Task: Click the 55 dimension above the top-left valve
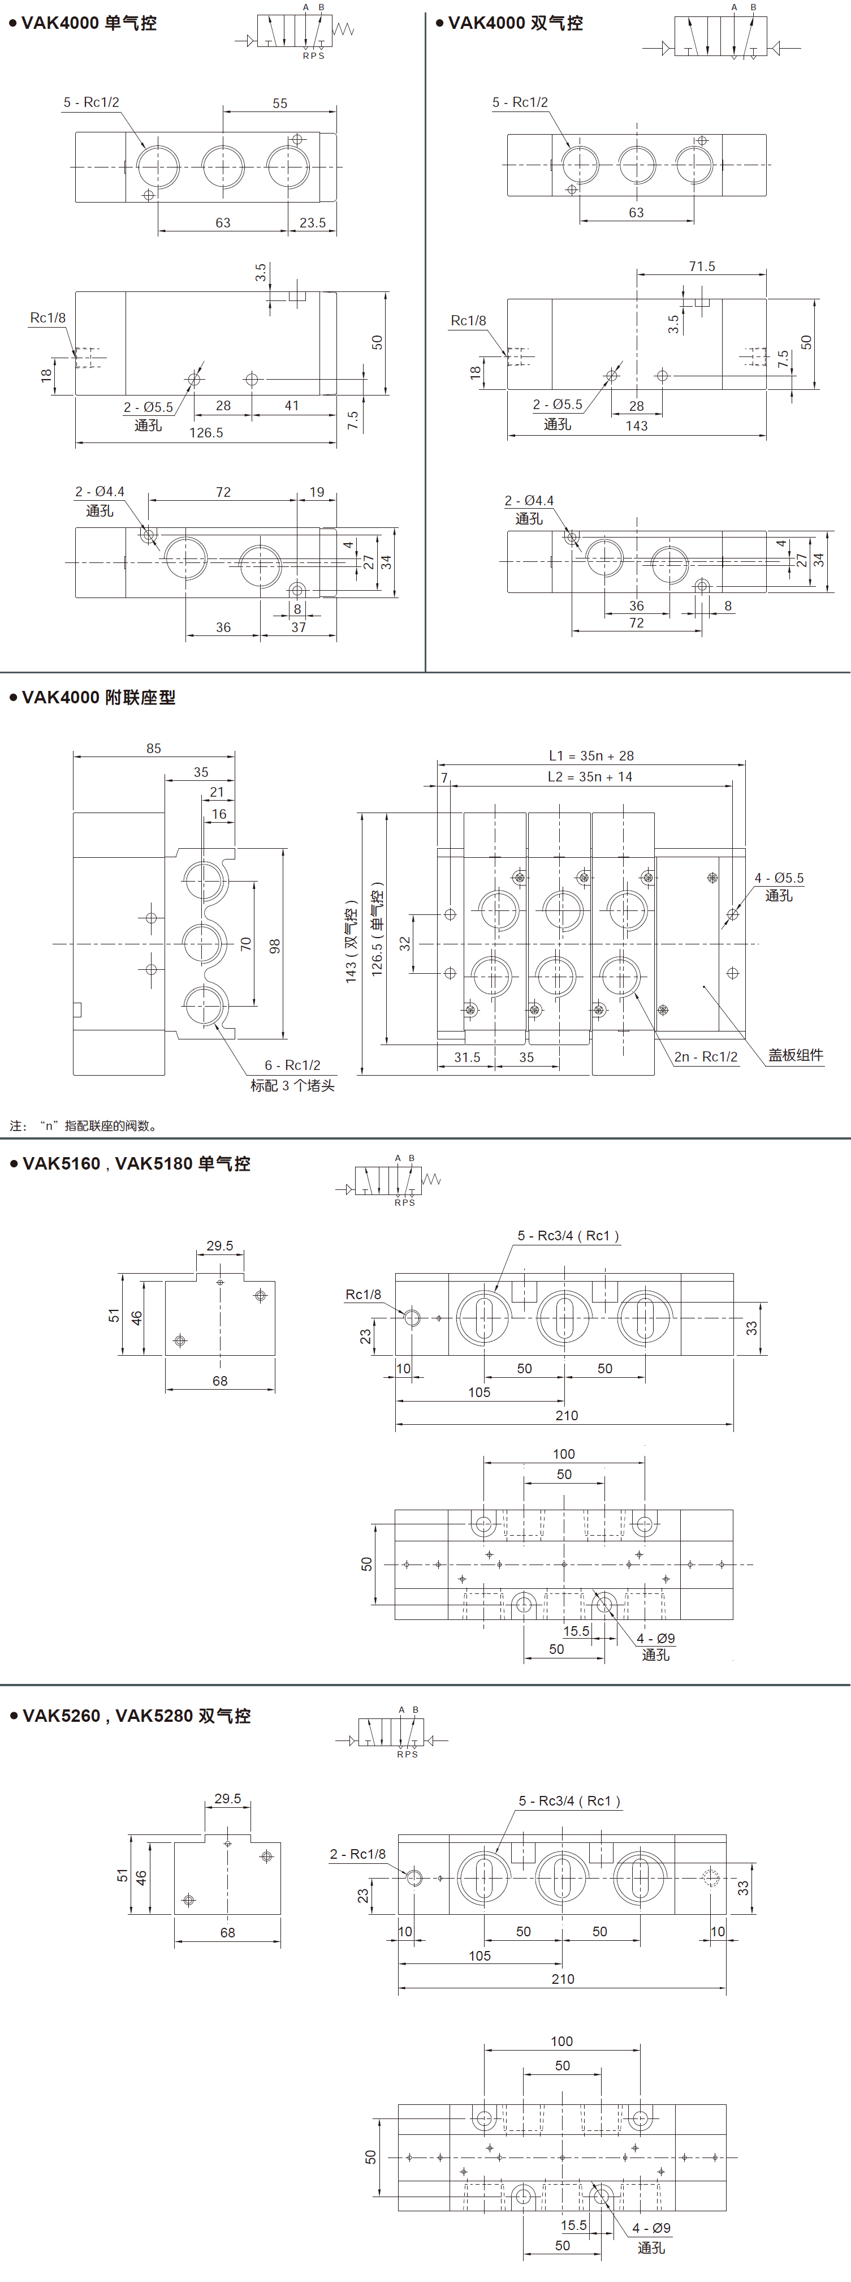coord(280,104)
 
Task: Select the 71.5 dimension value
coord(702,267)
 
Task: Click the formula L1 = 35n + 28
coord(591,755)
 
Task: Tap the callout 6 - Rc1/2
coord(292,1065)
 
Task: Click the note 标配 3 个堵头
coord(292,1086)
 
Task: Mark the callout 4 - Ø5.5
coord(779,879)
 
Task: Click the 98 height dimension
coord(274,946)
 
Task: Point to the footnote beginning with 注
coord(84,1127)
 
